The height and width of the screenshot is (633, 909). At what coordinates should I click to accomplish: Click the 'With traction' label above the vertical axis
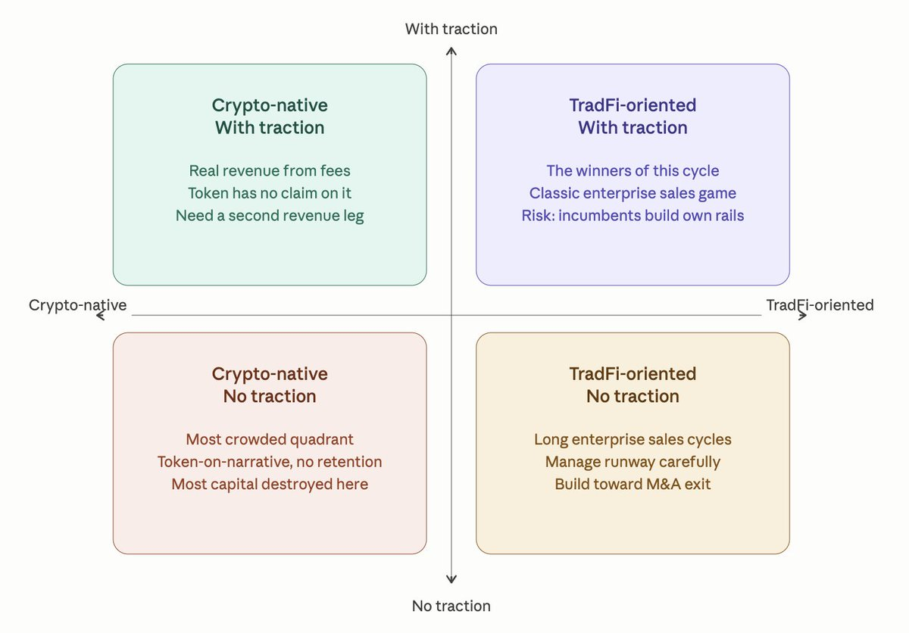point(451,29)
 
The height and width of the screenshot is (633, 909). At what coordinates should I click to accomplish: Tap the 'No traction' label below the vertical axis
point(451,606)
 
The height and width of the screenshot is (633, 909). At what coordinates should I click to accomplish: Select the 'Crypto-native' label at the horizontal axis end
point(77,305)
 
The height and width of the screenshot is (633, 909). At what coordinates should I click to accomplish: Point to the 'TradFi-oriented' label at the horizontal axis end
point(820,305)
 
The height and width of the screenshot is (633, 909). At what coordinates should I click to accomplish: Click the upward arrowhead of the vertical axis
point(451,51)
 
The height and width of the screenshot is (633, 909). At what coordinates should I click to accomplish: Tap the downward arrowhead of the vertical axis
point(451,580)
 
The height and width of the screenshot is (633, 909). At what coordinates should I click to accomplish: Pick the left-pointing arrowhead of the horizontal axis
point(101,315)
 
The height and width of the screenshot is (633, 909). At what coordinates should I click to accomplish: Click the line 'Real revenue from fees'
point(270,171)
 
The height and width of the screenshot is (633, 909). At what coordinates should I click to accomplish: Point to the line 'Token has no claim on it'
point(270,193)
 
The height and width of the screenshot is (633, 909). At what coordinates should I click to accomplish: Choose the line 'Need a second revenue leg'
point(270,216)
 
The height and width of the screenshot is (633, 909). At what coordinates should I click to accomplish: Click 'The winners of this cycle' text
point(633,171)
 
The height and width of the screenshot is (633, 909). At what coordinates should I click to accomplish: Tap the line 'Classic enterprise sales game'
point(633,193)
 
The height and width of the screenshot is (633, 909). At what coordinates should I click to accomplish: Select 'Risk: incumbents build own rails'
point(633,216)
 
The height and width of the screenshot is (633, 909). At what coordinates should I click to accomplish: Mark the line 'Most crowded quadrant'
point(270,439)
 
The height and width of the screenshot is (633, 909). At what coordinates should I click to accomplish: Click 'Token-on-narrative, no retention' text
point(270,462)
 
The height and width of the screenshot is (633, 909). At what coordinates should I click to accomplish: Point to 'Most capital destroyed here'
point(270,484)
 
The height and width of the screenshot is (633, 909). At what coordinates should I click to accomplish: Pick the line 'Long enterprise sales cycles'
point(633,439)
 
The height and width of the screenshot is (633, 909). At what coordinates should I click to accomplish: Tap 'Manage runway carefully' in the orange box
point(633,462)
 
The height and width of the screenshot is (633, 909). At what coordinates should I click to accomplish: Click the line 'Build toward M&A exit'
point(633,484)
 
